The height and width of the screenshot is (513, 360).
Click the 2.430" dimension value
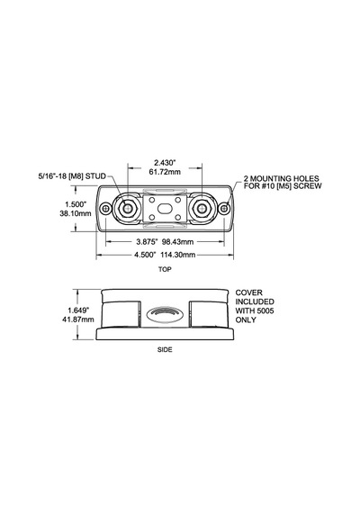165,162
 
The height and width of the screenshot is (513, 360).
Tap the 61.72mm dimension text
165,172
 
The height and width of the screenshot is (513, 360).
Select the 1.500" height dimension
76,204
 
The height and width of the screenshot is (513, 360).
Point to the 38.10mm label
76,213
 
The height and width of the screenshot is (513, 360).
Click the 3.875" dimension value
147,242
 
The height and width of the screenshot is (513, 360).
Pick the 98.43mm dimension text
178,242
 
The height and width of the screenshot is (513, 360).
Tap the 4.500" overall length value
145,255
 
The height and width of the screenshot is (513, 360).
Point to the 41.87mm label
78,319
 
